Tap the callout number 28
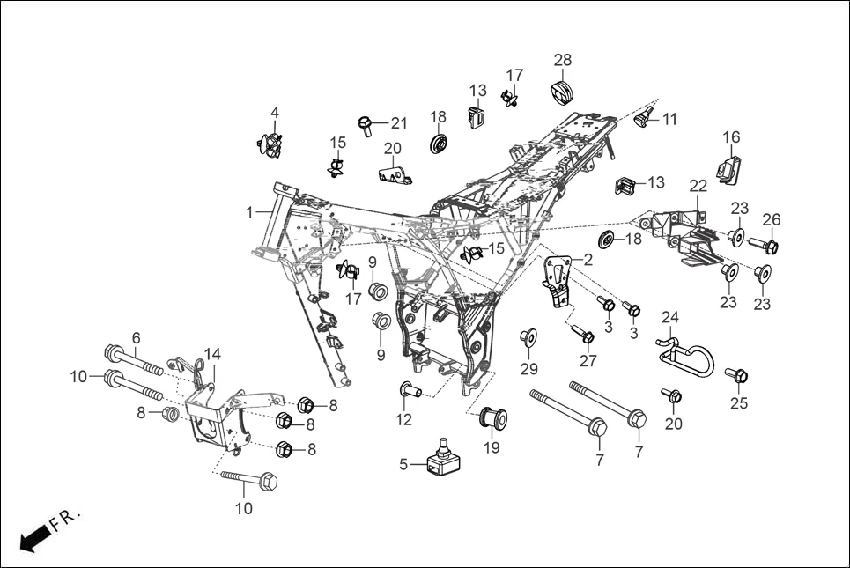point(563,60)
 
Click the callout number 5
point(403,464)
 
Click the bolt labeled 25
point(737,376)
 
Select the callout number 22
point(698,186)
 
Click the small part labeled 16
point(729,168)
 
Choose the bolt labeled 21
point(364,124)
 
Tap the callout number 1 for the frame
point(249,212)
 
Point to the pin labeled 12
point(410,388)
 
